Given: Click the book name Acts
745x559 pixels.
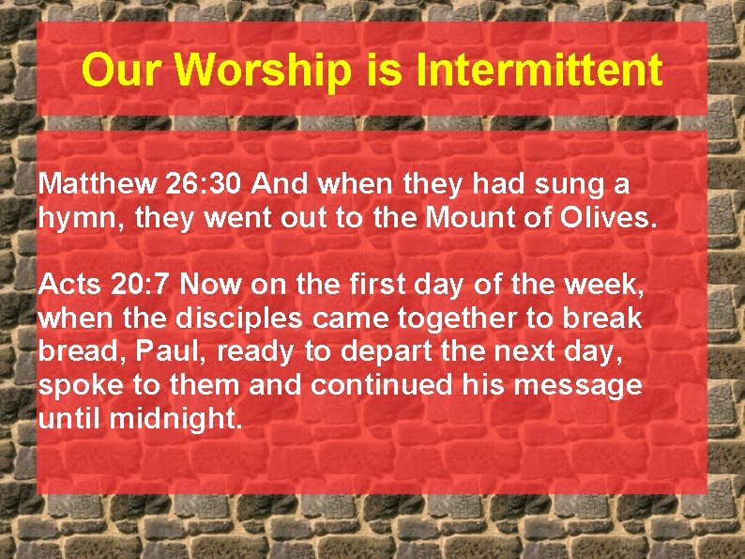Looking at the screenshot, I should [66, 284].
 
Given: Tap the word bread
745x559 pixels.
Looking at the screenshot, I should [73, 351].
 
